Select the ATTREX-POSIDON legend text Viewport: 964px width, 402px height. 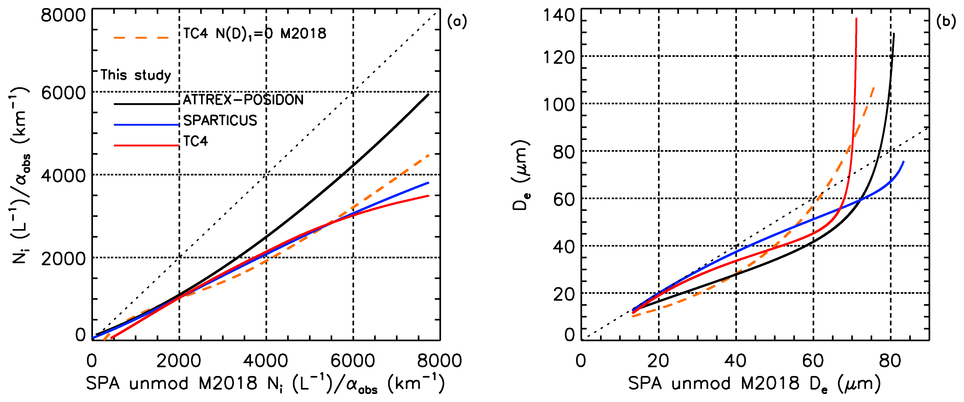point(243,100)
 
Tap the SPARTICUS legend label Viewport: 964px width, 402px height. point(220,120)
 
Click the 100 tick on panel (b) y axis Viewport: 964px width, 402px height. point(559,105)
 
